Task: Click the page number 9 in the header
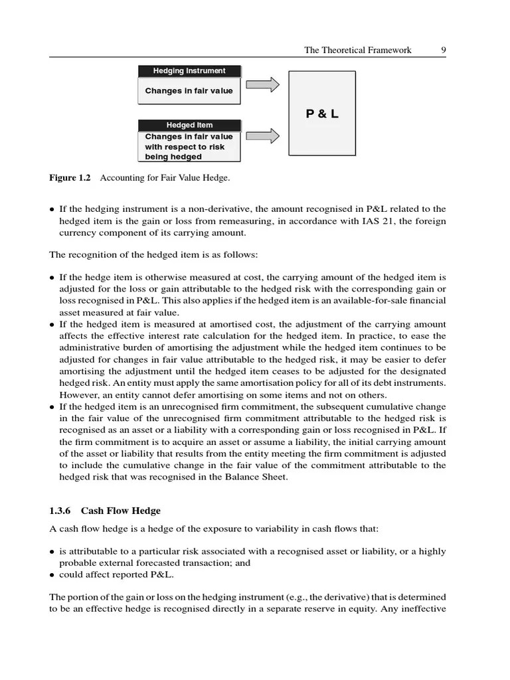tap(443, 50)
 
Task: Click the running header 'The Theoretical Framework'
tap(357, 50)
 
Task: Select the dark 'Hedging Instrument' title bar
tap(189, 71)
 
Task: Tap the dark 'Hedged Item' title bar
tap(189, 125)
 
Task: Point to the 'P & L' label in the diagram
tap(322, 114)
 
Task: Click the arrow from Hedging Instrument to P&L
tap(262, 84)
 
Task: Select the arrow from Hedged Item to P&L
tap(262, 136)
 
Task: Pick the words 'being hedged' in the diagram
tap(173, 157)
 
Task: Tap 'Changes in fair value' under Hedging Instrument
tap(189, 91)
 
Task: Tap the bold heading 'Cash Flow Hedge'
tap(121, 511)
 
